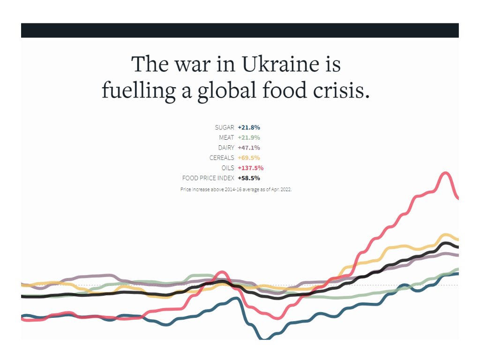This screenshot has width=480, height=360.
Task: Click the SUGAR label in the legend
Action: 225,127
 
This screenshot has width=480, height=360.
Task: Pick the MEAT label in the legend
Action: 226,138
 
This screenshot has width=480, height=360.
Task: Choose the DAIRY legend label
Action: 226,148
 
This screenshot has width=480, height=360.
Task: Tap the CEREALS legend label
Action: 222,158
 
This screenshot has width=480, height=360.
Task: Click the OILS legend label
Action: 228,168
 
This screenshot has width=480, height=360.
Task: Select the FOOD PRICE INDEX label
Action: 208,178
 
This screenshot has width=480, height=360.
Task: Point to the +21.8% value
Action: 249,127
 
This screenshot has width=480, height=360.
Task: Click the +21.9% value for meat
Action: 249,138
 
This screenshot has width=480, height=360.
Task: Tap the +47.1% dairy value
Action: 249,148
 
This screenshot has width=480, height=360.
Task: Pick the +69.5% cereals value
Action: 249,158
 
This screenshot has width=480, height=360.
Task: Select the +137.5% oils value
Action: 250,168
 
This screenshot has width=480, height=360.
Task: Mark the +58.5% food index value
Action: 249,178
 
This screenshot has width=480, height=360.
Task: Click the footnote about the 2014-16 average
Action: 236,189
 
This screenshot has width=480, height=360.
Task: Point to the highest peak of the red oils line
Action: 445,174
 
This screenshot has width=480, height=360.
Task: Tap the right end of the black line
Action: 457,247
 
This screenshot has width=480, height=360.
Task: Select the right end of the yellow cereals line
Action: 457,239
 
